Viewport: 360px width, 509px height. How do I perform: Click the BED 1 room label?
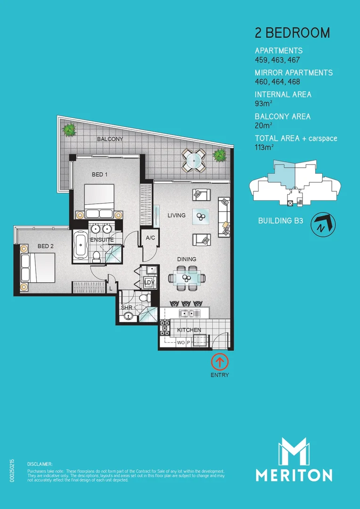(x=99, y=174)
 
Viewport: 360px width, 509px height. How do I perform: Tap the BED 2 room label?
(x=45, y=246)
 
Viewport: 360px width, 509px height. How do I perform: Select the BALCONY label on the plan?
(x=110, y=139)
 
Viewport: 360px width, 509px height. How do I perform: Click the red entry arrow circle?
(x=220, y=362)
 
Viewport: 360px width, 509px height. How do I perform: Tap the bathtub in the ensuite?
(x=80, y=244)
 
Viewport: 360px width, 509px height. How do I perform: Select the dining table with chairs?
(x=187, y=277)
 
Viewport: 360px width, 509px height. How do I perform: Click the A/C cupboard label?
(x=150, y=238)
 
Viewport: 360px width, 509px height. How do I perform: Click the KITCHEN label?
(x=189, y=330)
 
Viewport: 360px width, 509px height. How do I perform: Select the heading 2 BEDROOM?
(x=292, y=33)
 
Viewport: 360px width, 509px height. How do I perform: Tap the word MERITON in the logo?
(x=294, y=475)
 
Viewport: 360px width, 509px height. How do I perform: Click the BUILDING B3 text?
(x=280, y=221)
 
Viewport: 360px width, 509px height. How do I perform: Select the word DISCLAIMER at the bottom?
(x=40, y=464)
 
